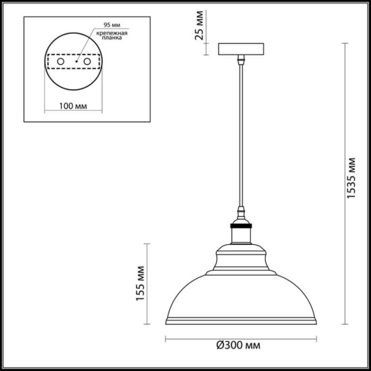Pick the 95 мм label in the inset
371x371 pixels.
[x=104, y=25]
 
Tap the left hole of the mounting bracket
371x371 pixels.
[x=60, y=62]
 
